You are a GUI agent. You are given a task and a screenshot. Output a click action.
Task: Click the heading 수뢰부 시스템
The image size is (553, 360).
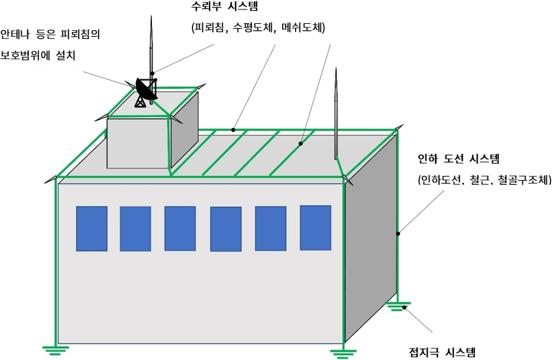click(x=224, y=6)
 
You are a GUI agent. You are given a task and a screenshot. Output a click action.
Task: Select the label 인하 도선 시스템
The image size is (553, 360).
click(x=459, y=159)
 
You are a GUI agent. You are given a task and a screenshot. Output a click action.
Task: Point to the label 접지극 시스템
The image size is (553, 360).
click(x=442, y=352)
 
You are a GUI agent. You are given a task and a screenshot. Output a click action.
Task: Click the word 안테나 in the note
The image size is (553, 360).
click(x=14, y=34)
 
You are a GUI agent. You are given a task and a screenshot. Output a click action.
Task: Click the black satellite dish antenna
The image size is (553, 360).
click(x=145, y=91)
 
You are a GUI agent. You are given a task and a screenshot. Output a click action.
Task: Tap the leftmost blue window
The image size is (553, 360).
click(x=92, y=229)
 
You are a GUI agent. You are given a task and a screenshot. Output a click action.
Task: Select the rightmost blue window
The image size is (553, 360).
click(x=316, y=228)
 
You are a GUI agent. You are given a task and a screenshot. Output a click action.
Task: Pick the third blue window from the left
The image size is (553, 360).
click(x=180, y=229)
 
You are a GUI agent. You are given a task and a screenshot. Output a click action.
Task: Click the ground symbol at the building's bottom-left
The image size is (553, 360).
click(x=55, y=350)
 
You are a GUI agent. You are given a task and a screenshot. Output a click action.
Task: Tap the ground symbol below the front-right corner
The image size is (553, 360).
click(x=343, y=353)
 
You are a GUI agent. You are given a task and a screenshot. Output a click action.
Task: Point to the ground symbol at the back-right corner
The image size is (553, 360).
click(x=398, y=306)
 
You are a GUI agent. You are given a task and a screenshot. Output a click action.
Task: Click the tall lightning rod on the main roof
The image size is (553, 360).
click(x=336, y=114)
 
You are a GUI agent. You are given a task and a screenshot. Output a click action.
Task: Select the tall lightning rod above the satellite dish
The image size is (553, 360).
click(x=151, y=60)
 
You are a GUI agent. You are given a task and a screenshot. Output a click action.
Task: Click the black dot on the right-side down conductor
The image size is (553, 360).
click(x=398, y=233)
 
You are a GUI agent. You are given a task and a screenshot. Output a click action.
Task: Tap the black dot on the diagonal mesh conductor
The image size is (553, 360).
click(x=300, y=144)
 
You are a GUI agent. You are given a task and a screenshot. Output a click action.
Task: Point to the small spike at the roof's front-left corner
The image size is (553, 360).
click(x=51, y=179)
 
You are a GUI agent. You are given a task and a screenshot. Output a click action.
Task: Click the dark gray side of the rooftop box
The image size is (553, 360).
click(x=185, y=130)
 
